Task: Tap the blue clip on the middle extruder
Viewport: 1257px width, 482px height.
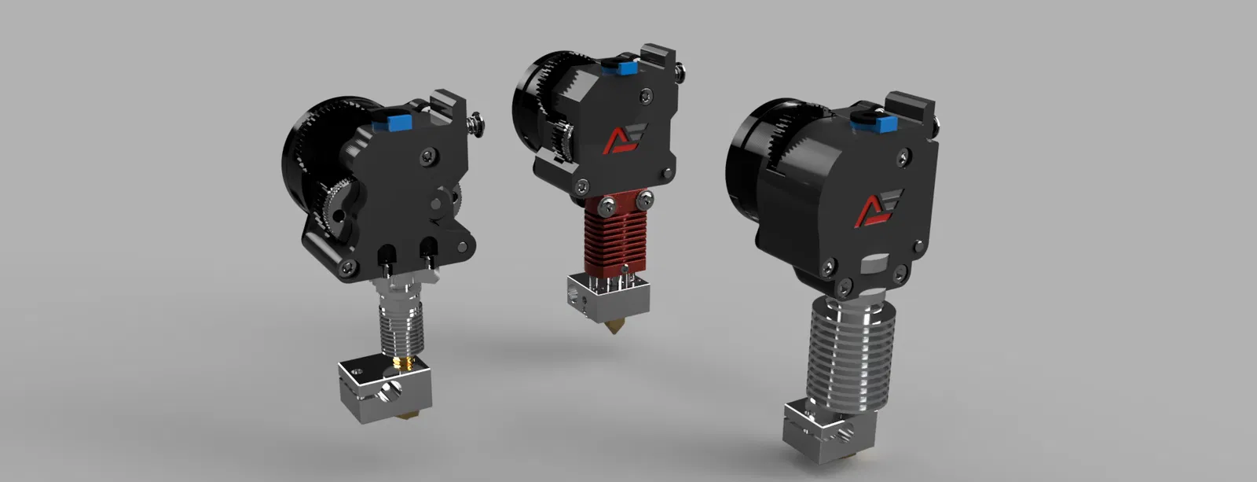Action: point(627,68)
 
